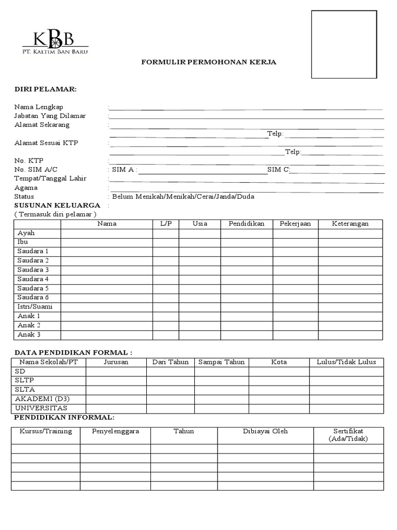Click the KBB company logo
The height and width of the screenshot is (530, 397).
coord(54,42)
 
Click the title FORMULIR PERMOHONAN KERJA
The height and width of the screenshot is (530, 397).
coord(209,62)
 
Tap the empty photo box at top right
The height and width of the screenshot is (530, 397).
coord(344,45)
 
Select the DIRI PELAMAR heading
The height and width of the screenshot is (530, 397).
coord(45,90)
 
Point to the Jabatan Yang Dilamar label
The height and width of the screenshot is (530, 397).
coord(50,116)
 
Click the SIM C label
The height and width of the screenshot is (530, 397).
coord(278,170)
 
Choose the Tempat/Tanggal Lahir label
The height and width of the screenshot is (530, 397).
coord(50,179)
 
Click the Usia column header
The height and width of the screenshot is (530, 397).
coord(200,224)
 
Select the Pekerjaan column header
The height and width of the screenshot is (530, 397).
coord(295,224)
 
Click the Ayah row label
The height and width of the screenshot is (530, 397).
coord(26,233)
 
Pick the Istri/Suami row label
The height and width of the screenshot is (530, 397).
coord(35,306)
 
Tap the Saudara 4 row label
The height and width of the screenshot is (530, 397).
coord(33,279)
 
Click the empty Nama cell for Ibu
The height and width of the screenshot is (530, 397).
coord(106,242)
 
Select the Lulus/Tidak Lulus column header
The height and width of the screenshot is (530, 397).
coord(346,362)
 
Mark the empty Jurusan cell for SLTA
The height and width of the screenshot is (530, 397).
coord(116,390)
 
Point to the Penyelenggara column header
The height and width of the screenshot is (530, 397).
coord(115,431)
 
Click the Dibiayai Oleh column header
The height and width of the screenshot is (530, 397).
coord(265,431)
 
